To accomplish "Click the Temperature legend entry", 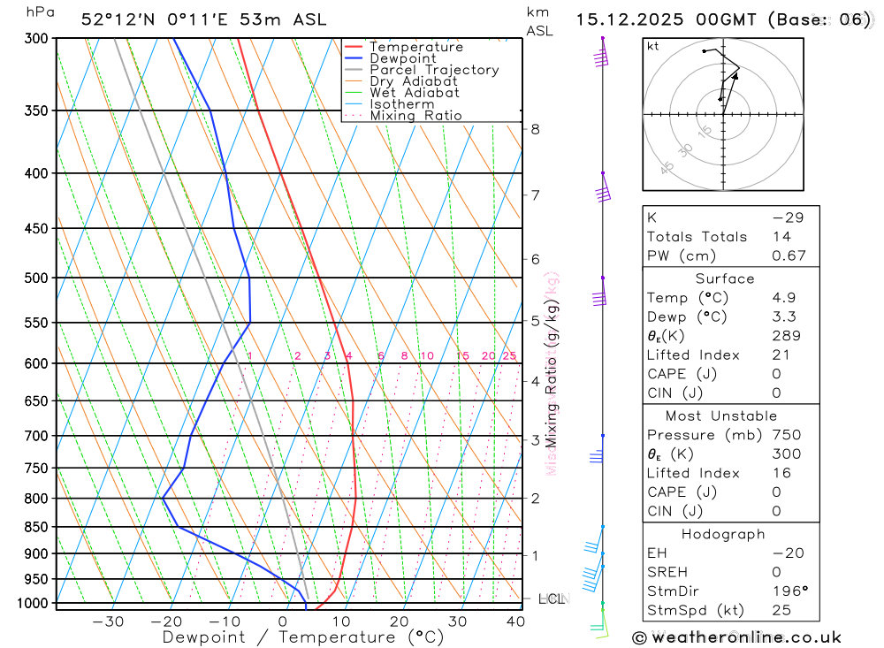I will coord(415,47).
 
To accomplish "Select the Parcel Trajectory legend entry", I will coord(433,70).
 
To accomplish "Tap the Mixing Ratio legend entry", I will coord(415,116).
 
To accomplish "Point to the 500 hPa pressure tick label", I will coord(36,278).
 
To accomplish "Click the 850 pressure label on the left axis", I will coord(36,527).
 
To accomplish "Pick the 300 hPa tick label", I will coord(36,39).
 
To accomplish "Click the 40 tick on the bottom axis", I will coord(514,621).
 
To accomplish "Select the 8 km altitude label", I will coord(535,129).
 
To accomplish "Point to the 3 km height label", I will coord(535,439).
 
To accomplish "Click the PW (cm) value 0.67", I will coord(789,256).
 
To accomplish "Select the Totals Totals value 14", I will coord(781,237).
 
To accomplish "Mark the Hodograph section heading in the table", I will coord(724,535).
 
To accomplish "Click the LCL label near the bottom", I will coord(551,599).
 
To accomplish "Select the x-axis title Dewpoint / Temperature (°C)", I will coord(303,637).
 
